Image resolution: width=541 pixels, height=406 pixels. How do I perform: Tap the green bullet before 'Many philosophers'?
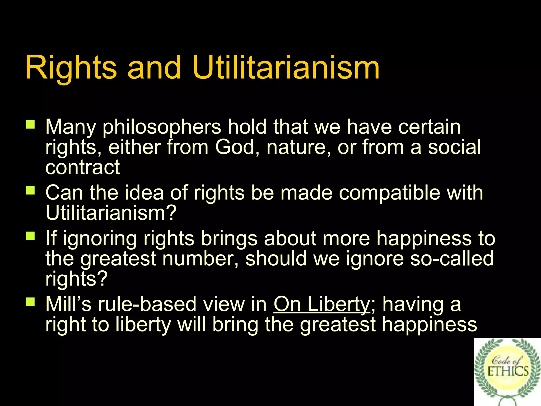coord(30,124)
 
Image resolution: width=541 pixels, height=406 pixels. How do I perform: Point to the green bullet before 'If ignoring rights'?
coord(30,236)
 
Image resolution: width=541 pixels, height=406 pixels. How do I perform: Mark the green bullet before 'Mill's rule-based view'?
coord(30,302)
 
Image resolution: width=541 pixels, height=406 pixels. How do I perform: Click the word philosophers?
coord(162,127)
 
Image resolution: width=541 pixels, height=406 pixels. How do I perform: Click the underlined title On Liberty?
coord(322,304)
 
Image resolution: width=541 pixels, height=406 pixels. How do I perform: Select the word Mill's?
coord(68,304)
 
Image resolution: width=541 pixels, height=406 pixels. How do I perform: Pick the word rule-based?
coord(147,304)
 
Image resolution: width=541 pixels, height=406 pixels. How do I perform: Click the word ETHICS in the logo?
coord(508,371)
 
